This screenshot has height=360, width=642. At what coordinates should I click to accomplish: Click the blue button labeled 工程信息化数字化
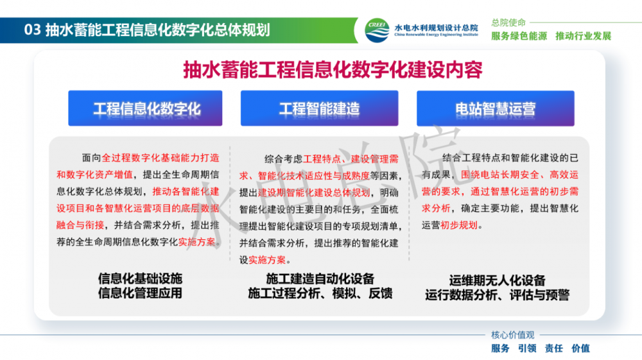pos(145,108)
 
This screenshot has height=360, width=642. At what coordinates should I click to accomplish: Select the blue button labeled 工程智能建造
pos(319,108)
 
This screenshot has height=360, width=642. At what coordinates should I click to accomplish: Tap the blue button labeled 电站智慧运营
pos(496,108)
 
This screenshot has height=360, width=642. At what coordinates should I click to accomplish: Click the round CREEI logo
pos(377,30)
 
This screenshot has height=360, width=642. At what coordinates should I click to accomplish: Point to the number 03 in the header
pos(32,30)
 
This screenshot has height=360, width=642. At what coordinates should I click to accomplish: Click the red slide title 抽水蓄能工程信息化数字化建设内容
pos(333,70)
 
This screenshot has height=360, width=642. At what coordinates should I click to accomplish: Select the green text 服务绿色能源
pos(519,36)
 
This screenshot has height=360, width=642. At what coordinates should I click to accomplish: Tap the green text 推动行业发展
pos(583,36)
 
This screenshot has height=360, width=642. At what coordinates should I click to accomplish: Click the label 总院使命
pos(508,22)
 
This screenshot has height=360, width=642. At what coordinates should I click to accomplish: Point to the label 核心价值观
pos(512,335)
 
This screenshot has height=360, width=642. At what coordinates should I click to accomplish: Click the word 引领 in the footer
pos(527,348)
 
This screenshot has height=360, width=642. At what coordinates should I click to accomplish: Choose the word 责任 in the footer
pos(553,348)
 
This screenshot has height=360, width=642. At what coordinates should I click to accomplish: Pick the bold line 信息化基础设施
pos(140,279)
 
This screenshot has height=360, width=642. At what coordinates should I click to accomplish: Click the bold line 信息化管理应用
pos(140,293)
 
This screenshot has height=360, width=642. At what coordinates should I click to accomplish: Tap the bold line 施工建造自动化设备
pos(320,279)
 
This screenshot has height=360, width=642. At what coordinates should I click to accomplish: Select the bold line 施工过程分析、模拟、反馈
pos(320,293)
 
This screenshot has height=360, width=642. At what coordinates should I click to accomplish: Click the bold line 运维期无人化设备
pos(497,280)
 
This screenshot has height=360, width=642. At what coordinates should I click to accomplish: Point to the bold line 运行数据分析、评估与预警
pos(497,295)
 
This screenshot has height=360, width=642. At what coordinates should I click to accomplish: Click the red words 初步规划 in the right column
pos(458,225)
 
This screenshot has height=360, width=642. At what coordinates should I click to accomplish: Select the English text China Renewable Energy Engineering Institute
pos(436,35)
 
